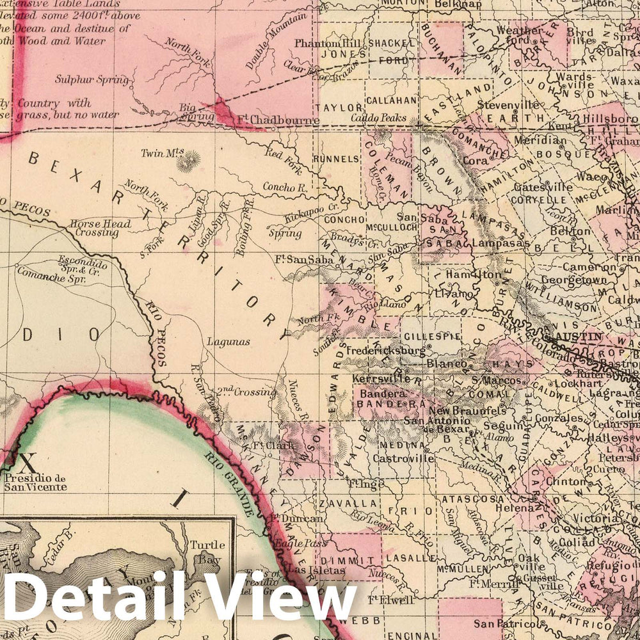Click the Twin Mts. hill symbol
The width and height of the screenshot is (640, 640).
click(x=188, y=163)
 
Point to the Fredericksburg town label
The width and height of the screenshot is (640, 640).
click(x=385, y=351)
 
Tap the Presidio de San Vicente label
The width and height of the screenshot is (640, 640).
click(x=35, y=482)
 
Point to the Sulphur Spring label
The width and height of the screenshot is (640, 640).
click(x=92, y=80)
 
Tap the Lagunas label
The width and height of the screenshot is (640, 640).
click(x=228, y=342)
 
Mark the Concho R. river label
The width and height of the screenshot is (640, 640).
click(x=285, y=188)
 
